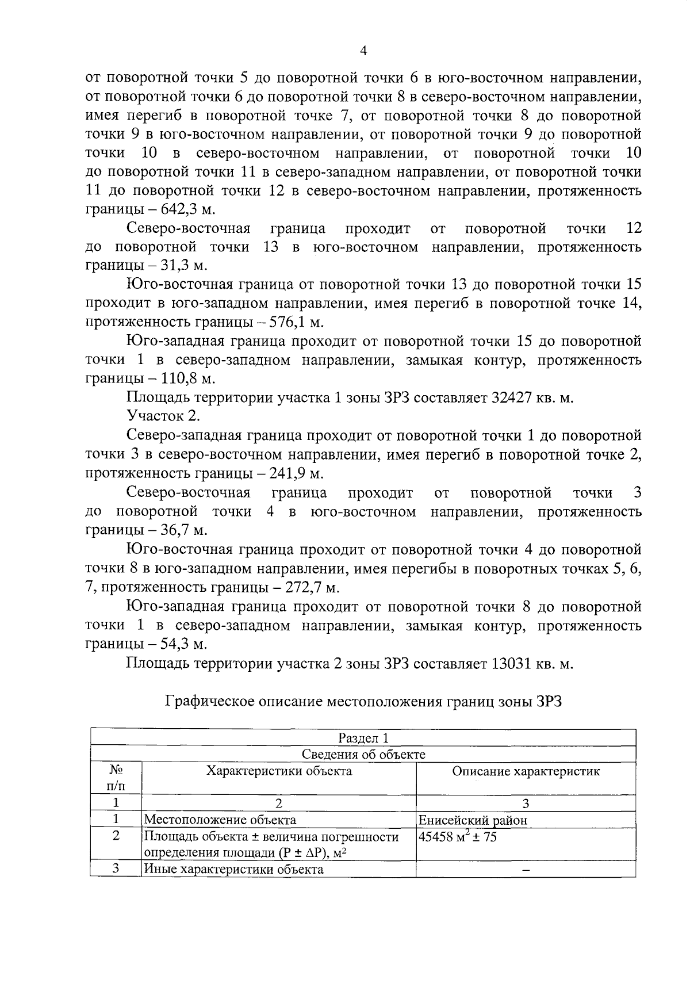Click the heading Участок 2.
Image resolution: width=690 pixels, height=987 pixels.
pos(163,416)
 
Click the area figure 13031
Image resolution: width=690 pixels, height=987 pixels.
pos(517,663)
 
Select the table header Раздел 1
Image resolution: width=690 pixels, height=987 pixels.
pos(363,737)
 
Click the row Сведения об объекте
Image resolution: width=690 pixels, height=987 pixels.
pos(363,754)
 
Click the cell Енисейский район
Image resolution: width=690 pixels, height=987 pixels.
pos(473,820)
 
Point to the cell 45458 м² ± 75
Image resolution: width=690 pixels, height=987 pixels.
pos(458,837)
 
